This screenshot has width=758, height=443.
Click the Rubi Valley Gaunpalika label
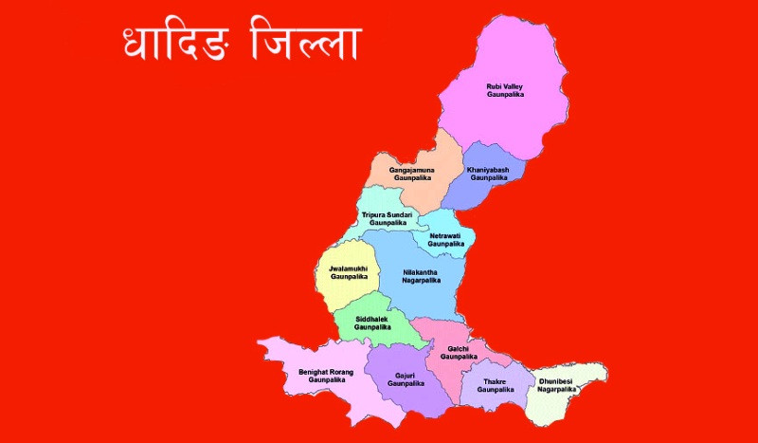point(505,90)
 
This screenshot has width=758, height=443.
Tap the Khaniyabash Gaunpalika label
point(489,173)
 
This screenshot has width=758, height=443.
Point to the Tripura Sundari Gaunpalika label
point(388,218)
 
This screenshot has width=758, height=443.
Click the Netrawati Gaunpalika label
point(446,239)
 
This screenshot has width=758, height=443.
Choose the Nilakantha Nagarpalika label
point(422,276)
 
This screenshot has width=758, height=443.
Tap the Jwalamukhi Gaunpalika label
point(348,272)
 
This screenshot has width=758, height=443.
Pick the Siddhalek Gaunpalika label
point(372,323)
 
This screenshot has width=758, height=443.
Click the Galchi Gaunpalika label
point(459,353)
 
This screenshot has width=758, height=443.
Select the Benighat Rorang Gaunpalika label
point(326,376)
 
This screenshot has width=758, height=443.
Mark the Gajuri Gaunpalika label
point(404,379)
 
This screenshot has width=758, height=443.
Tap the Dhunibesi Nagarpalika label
point(556,385)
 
